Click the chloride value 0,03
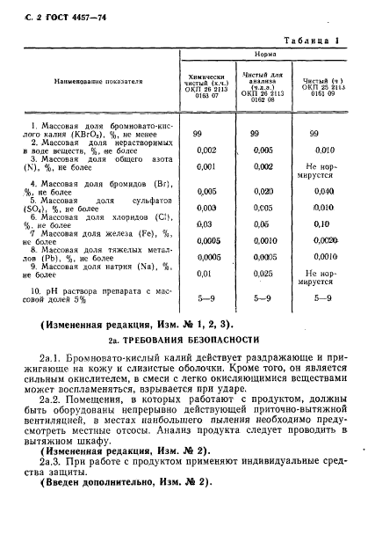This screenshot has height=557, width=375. click(x=206, y=224)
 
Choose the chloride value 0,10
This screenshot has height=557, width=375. click(x=324, y=224)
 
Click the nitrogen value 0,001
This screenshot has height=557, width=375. click(x=206, y=166)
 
